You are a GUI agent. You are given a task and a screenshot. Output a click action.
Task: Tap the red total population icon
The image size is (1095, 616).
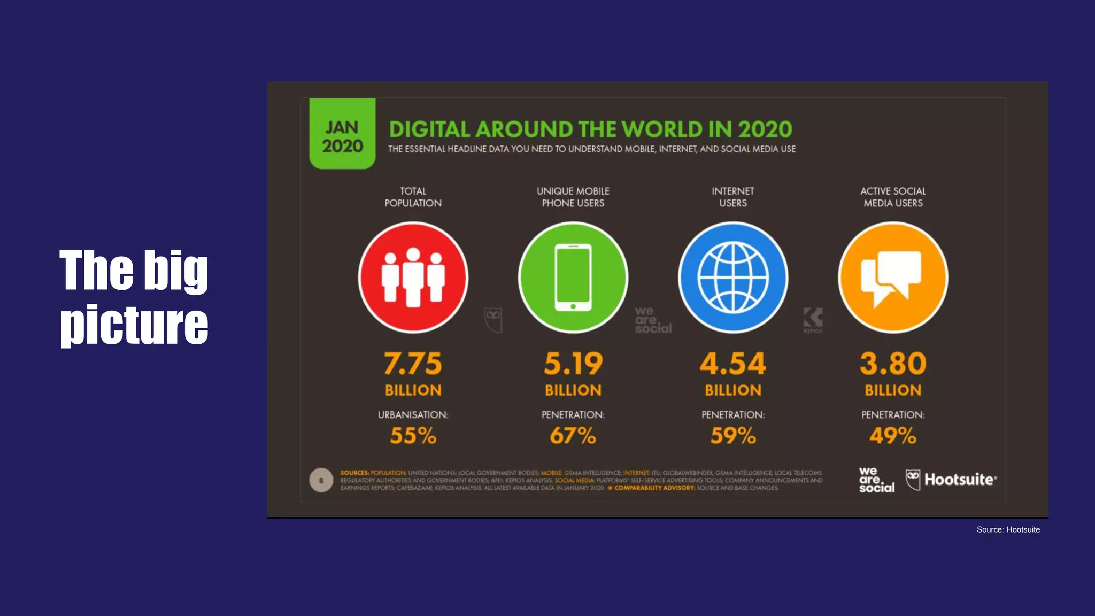tap(413, 278)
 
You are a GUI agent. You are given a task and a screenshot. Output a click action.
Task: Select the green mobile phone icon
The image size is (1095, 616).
tap(573, 278)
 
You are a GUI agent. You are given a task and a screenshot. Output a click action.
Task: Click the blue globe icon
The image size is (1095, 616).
tap(733, 278)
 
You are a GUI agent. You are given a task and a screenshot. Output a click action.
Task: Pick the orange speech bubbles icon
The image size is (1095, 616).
tap(892, 278)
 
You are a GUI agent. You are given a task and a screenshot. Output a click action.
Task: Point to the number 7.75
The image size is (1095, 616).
tap(413, 364)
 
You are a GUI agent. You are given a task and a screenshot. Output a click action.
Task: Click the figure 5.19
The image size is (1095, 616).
tap(573, 364)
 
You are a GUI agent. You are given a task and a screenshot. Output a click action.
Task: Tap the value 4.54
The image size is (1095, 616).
tap(733, 364)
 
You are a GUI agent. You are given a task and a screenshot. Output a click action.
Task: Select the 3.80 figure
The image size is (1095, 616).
tap(892, 364)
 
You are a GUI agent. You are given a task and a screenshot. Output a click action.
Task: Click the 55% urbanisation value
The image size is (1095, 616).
tap(413, 436)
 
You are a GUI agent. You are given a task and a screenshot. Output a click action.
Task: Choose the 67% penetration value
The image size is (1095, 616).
tap(573, 436)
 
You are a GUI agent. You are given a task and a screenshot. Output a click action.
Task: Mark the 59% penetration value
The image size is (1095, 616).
tap(733, 436)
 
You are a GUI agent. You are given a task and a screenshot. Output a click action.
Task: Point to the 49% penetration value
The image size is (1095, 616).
tap(892, 436)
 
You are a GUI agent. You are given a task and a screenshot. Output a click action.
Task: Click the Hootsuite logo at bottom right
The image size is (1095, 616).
tap(952, 480)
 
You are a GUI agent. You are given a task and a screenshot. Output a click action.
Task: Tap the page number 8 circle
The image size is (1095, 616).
tap(321, 480)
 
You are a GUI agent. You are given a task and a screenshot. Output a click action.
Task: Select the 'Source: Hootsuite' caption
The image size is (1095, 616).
tap(1008, 529)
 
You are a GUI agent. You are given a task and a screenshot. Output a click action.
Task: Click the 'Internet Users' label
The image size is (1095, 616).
tap(733, 197)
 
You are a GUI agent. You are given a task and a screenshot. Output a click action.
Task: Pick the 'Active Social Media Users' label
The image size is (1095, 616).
tap(892, 197)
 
